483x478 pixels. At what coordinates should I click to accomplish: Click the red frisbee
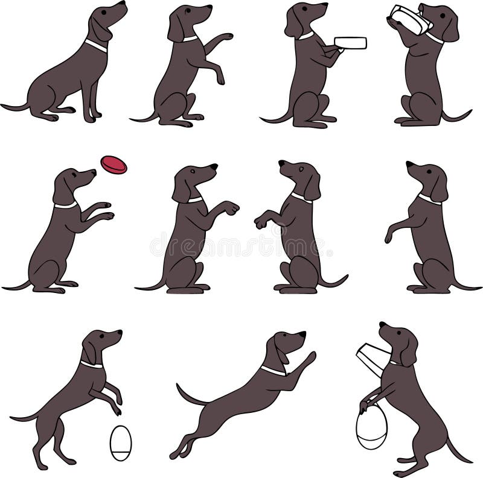click(114, 165)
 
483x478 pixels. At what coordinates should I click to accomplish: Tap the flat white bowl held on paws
click(350, 43)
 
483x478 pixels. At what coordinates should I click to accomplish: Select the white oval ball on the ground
click(120, 443)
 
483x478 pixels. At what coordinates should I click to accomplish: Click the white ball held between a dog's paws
click(371, 426)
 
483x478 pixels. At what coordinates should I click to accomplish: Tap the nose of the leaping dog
click(302, 333)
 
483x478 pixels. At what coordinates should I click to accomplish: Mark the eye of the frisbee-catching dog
click(76, 175)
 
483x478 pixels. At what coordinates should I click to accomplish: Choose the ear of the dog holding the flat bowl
click(294, 24)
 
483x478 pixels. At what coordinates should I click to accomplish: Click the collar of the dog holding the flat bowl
click(305, 36)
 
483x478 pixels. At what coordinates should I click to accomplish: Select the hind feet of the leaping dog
click(179, 452)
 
